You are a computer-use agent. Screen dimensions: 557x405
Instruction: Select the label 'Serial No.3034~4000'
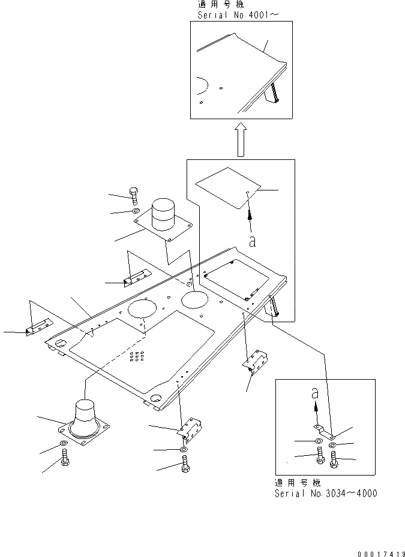click(x=326, y=494)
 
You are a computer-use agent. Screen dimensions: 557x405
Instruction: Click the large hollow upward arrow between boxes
click(x=240, y=140)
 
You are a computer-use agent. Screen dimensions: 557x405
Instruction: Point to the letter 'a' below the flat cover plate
click(x=253, y=241)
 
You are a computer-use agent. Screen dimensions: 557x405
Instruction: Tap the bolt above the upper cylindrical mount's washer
click(x=134, y=194)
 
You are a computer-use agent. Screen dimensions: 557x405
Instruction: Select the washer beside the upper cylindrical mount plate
click(x=136, y=211)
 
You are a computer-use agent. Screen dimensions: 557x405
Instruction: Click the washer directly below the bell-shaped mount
click(x=64, y=444)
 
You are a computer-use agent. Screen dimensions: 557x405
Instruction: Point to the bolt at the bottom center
click(x=184, y=464)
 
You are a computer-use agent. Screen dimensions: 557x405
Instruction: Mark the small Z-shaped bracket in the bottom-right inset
click(x=323, y=429)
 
